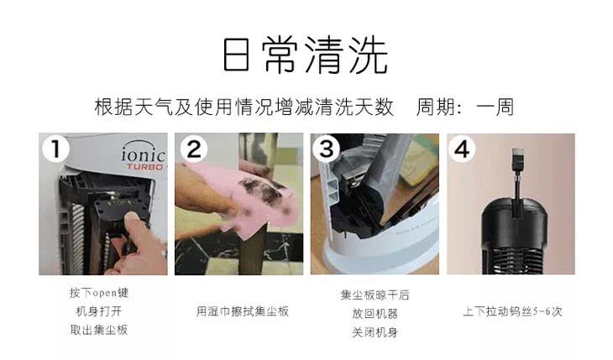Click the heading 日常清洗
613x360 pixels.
tap(306, 55)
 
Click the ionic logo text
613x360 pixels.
tap(144, 154)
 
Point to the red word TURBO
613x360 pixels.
tap(144, 166)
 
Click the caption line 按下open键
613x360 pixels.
tap(99, 294)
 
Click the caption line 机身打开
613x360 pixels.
tap(99, 311)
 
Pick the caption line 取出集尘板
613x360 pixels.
tap(99, 330)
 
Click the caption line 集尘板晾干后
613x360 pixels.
tap(375, 295)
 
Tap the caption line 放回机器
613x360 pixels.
tap(375, 313)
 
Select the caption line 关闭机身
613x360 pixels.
tap(375, 331)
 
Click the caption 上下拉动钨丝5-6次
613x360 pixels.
tap(512, 311)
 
